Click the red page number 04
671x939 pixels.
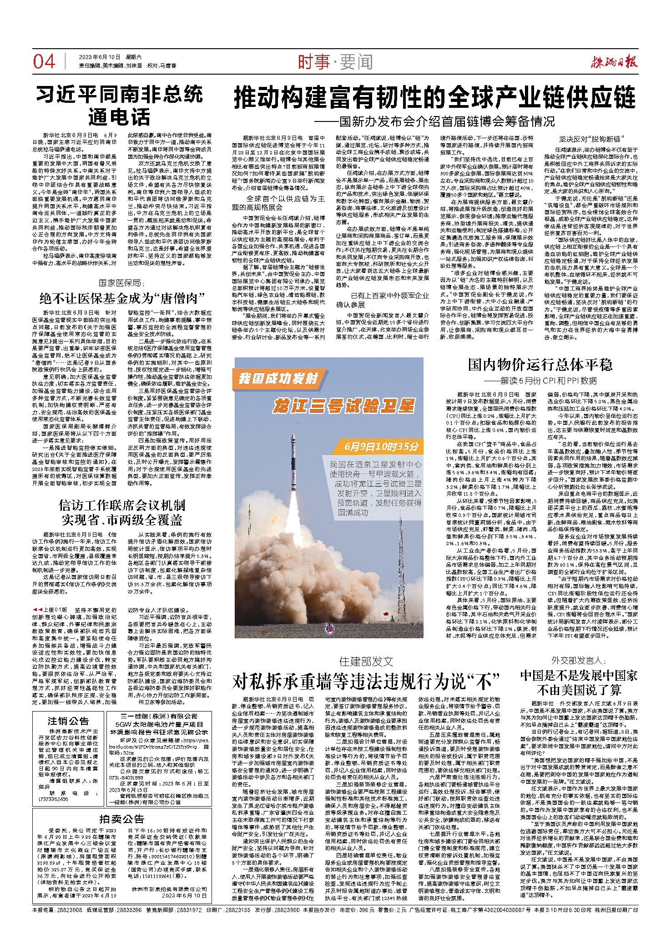tap(44, 62)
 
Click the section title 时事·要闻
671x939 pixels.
tap(335, 62)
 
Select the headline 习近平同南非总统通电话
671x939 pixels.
tap(119, 106)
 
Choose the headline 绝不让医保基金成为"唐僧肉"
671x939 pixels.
tap(122, 298)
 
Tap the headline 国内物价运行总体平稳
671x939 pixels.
tap(540, 364)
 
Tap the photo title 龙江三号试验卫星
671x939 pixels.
tap(344, 405)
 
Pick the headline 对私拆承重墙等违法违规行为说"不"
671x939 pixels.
tap(366, 681)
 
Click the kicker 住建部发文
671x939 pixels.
tap(366, 661)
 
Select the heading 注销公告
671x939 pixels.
tap(68, 721)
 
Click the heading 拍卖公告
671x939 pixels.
tap(121, 819)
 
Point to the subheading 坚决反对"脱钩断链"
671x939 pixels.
tap(590, 139)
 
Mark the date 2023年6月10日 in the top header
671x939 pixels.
tap(100, 57)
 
